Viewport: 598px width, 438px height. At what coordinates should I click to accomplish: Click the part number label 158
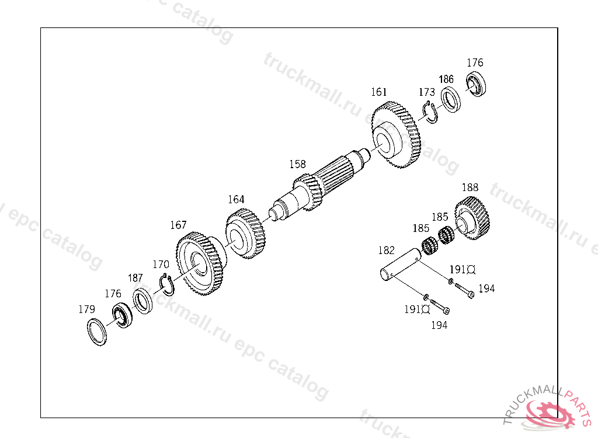click(297, 164)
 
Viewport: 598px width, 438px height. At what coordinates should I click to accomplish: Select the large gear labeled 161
click(397, 135)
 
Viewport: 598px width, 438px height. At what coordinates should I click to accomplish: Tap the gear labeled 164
click(246, 234)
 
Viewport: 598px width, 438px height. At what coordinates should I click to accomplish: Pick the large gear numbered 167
click(200, 263)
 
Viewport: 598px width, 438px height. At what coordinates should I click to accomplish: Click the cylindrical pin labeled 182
click(401, 264)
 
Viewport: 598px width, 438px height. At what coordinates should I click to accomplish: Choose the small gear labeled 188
click(472, 218)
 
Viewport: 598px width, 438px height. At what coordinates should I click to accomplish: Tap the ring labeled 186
click(450, 100)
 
